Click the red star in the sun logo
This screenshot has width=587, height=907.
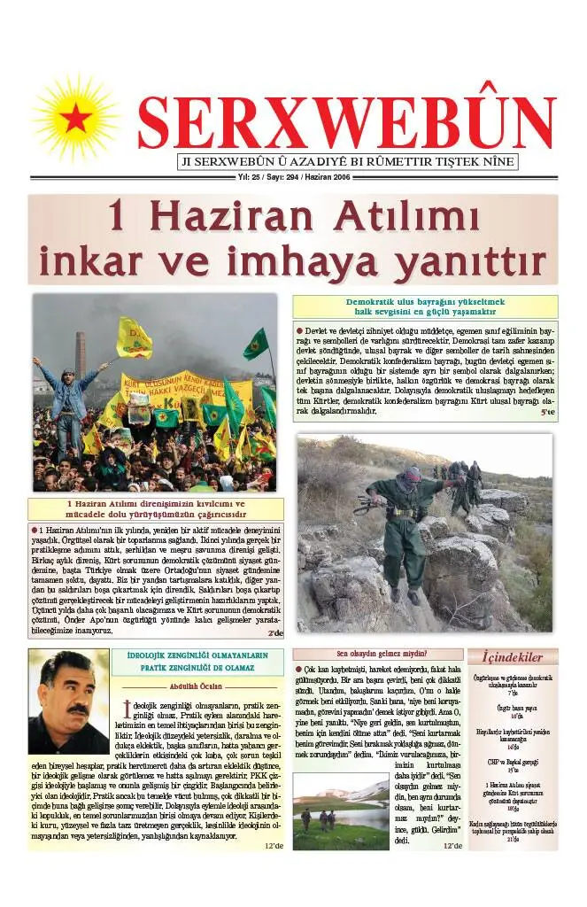(x=77, y=116)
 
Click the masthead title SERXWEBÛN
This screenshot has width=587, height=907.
(x=346, y=123)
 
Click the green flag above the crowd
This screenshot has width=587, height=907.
(x=256, y=342)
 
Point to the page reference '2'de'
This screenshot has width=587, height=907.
(x=275, y=633)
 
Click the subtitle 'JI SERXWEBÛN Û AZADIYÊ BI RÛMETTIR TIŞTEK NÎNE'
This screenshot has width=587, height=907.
(x=348, y=162)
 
